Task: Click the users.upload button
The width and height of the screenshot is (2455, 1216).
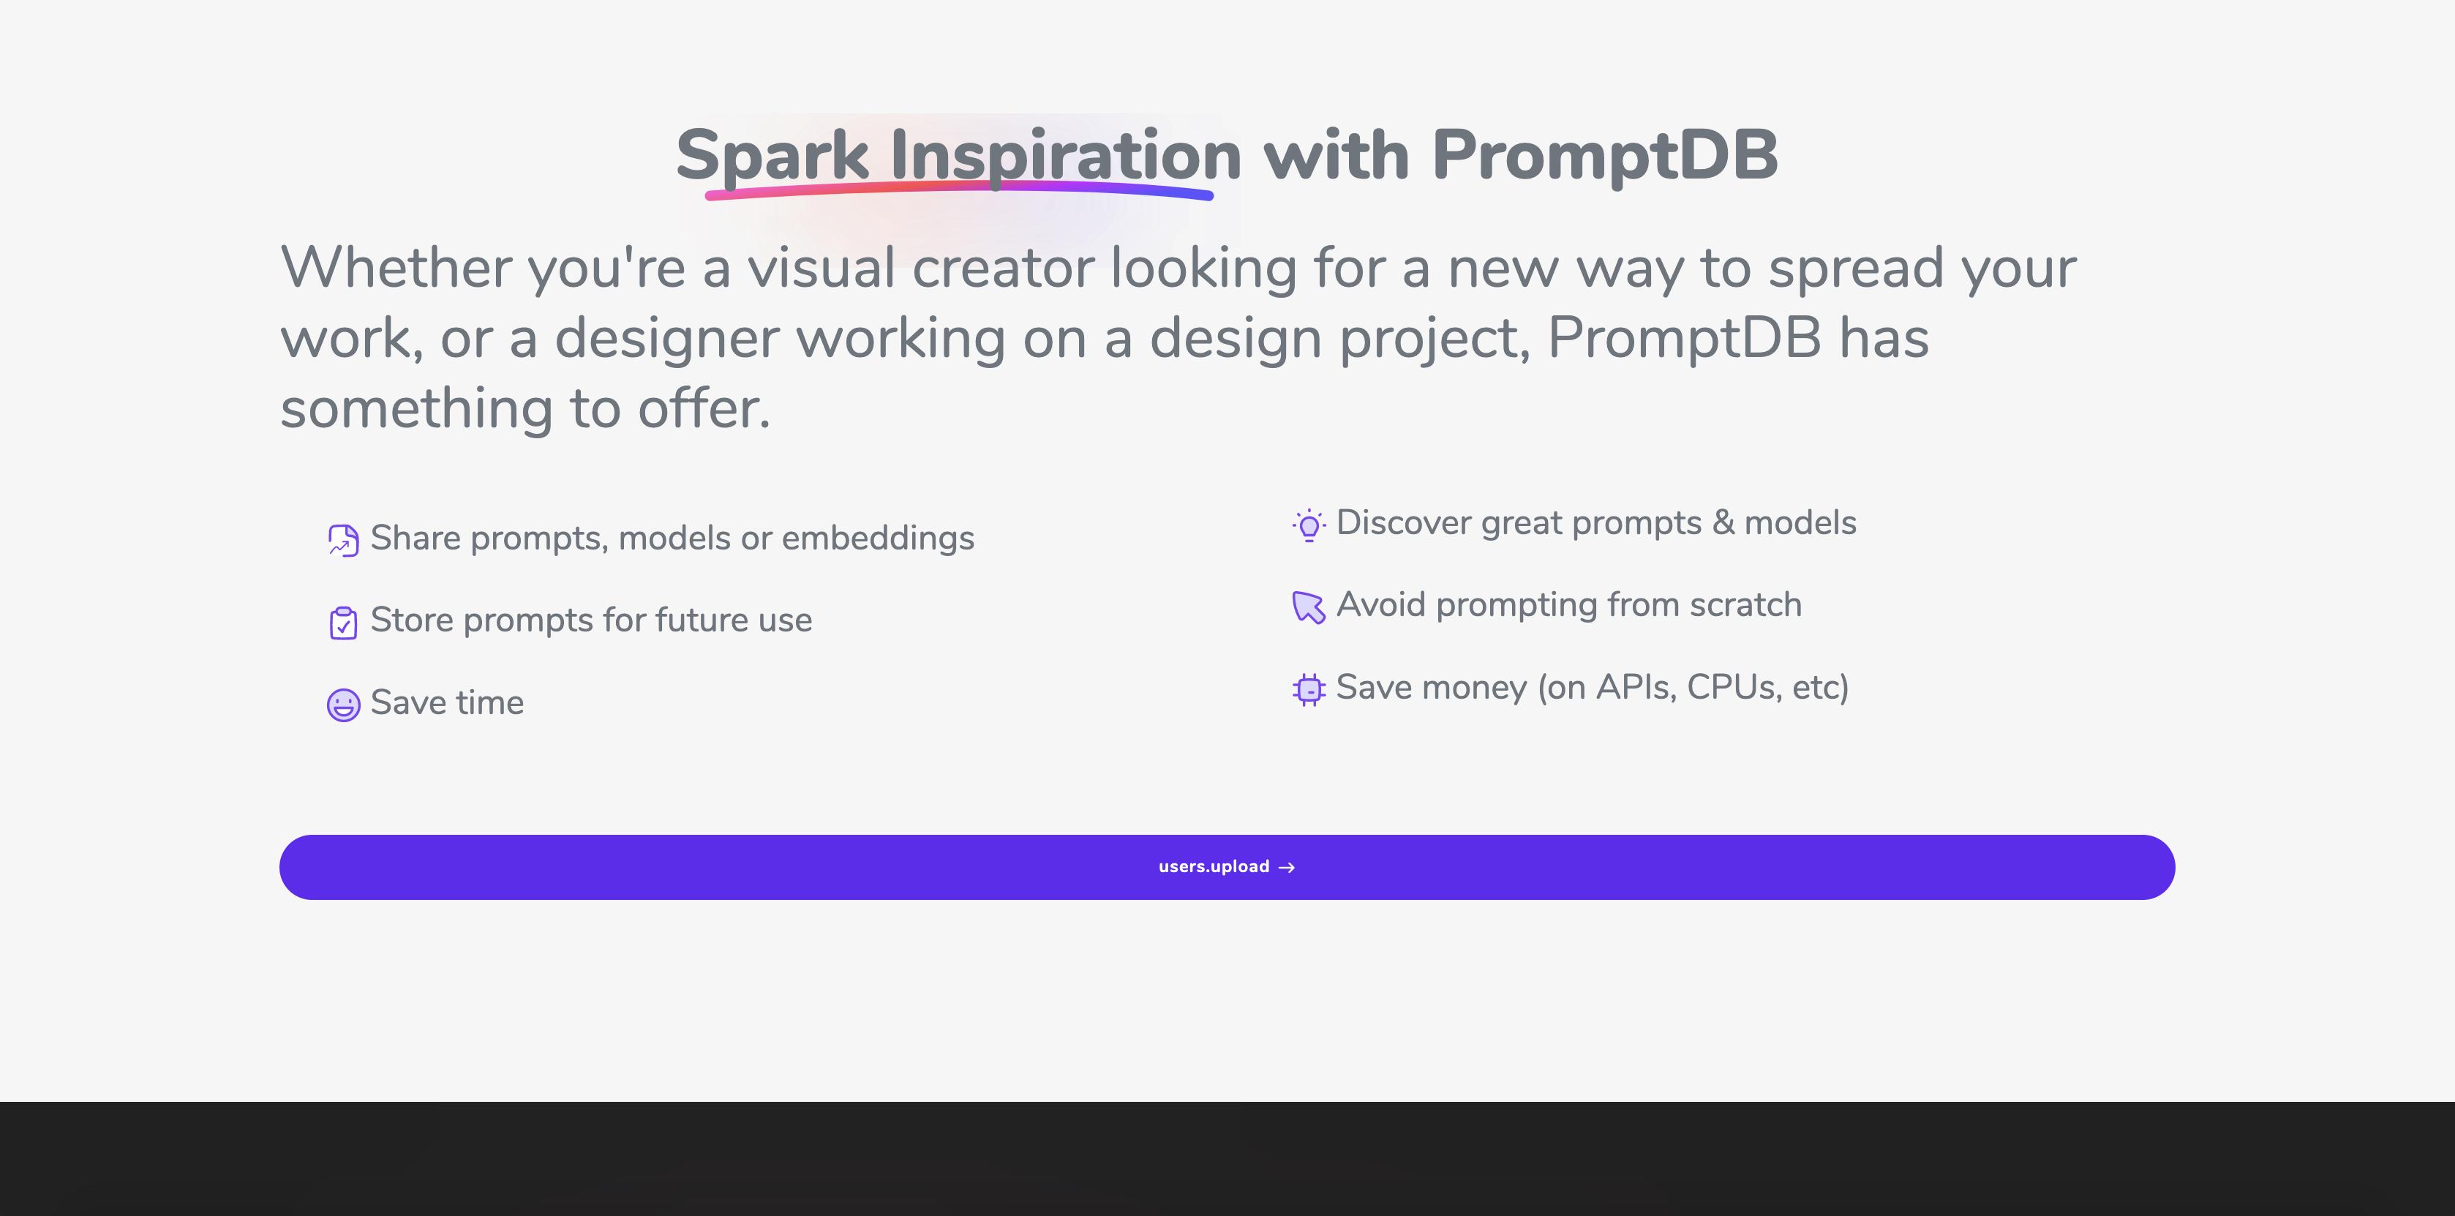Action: coord(1227,867)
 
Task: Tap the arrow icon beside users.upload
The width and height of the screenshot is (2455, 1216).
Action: coord(1287,867)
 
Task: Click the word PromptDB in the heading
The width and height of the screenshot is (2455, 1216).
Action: coord(1604,154)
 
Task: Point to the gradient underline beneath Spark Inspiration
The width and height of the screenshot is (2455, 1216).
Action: coord(959,189)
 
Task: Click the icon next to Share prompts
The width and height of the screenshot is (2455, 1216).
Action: coord(343,541)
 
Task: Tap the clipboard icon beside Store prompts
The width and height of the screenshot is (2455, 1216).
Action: coord(343,623)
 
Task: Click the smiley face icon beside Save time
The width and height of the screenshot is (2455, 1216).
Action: coord(343,705)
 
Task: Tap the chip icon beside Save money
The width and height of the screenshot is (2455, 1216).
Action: coord(1309,689)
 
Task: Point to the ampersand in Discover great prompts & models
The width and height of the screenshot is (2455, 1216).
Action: coord(1723,522)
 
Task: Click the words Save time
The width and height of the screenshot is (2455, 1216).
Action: coord(447,702)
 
